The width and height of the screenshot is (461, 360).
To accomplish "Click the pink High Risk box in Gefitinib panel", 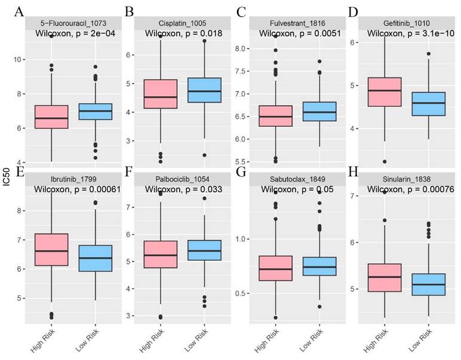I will click(x=384, y=91).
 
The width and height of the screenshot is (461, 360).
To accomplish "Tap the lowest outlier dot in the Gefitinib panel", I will click(x=384, y=161).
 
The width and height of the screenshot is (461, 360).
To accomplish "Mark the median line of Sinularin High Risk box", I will click(x=384, y=277).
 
